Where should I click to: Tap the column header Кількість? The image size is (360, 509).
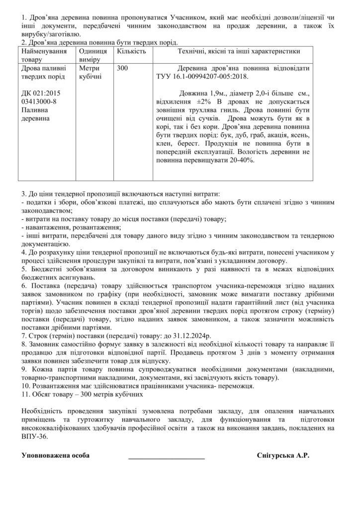pyautogui.click(x=131, y=51)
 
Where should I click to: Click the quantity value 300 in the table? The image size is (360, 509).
pyautogui.click(x=122, y=68)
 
